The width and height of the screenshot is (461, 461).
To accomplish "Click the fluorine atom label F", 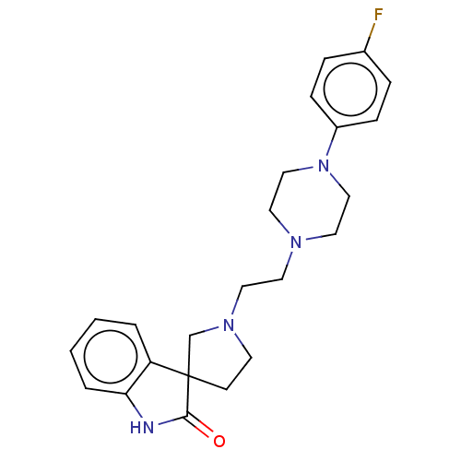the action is (x=378, y=15).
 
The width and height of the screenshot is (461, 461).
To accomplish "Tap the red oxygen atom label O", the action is (x=219, y=441).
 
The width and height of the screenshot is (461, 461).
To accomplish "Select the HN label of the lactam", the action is (x=142, y=427).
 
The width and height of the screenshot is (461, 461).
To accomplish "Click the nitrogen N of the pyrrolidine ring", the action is (x=229, y=325).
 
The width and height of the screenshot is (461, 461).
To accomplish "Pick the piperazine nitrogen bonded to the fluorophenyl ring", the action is (x=324, y=166).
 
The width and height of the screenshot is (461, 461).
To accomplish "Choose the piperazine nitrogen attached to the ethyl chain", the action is (x=296, y=242).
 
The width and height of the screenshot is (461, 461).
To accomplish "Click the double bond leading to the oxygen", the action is (x=199, y=427).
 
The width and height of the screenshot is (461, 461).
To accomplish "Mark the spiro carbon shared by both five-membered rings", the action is (x=189, y=376).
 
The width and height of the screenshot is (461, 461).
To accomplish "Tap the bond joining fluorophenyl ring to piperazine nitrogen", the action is (x=332, y=142).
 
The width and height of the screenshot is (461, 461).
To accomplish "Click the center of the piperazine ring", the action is (x=310, y=204).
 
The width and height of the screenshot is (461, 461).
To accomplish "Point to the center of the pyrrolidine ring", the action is (x=216, y=357).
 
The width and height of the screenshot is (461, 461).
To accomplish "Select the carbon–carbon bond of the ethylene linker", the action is (x=262, y=283).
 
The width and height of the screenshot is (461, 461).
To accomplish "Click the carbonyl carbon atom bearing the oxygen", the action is (x=187, y=417).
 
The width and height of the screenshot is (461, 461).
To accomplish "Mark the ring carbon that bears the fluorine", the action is (x=364, y=52).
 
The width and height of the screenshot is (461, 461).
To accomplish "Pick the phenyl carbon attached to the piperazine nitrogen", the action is (x=337, y=126).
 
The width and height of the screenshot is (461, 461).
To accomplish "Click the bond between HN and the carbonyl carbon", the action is (x=172, y=420).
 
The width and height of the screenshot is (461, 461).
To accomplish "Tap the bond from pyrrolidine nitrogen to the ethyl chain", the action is (x=237, y=301).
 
